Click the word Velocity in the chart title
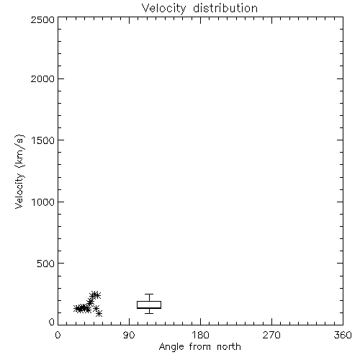click(163, 9)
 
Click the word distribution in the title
click(225, 8)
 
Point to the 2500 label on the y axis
click(42, 19)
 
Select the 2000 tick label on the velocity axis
click(42, 79)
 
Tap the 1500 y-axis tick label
click(43, 140)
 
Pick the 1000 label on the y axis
click(43, 202)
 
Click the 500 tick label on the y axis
click(46, 264)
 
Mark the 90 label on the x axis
click(129, 335)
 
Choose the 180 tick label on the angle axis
click(200, 335)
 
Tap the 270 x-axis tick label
click(271, 335)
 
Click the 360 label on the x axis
click(343, 335)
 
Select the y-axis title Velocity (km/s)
click(19, 171)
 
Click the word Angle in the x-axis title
click(171, 347)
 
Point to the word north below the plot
click(229, 347)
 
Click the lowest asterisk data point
click(99, 313)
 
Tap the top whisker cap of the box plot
click(149, 294)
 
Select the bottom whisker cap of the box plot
click(149, 313)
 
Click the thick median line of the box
click(149, 307)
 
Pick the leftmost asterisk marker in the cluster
click(77, 309)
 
